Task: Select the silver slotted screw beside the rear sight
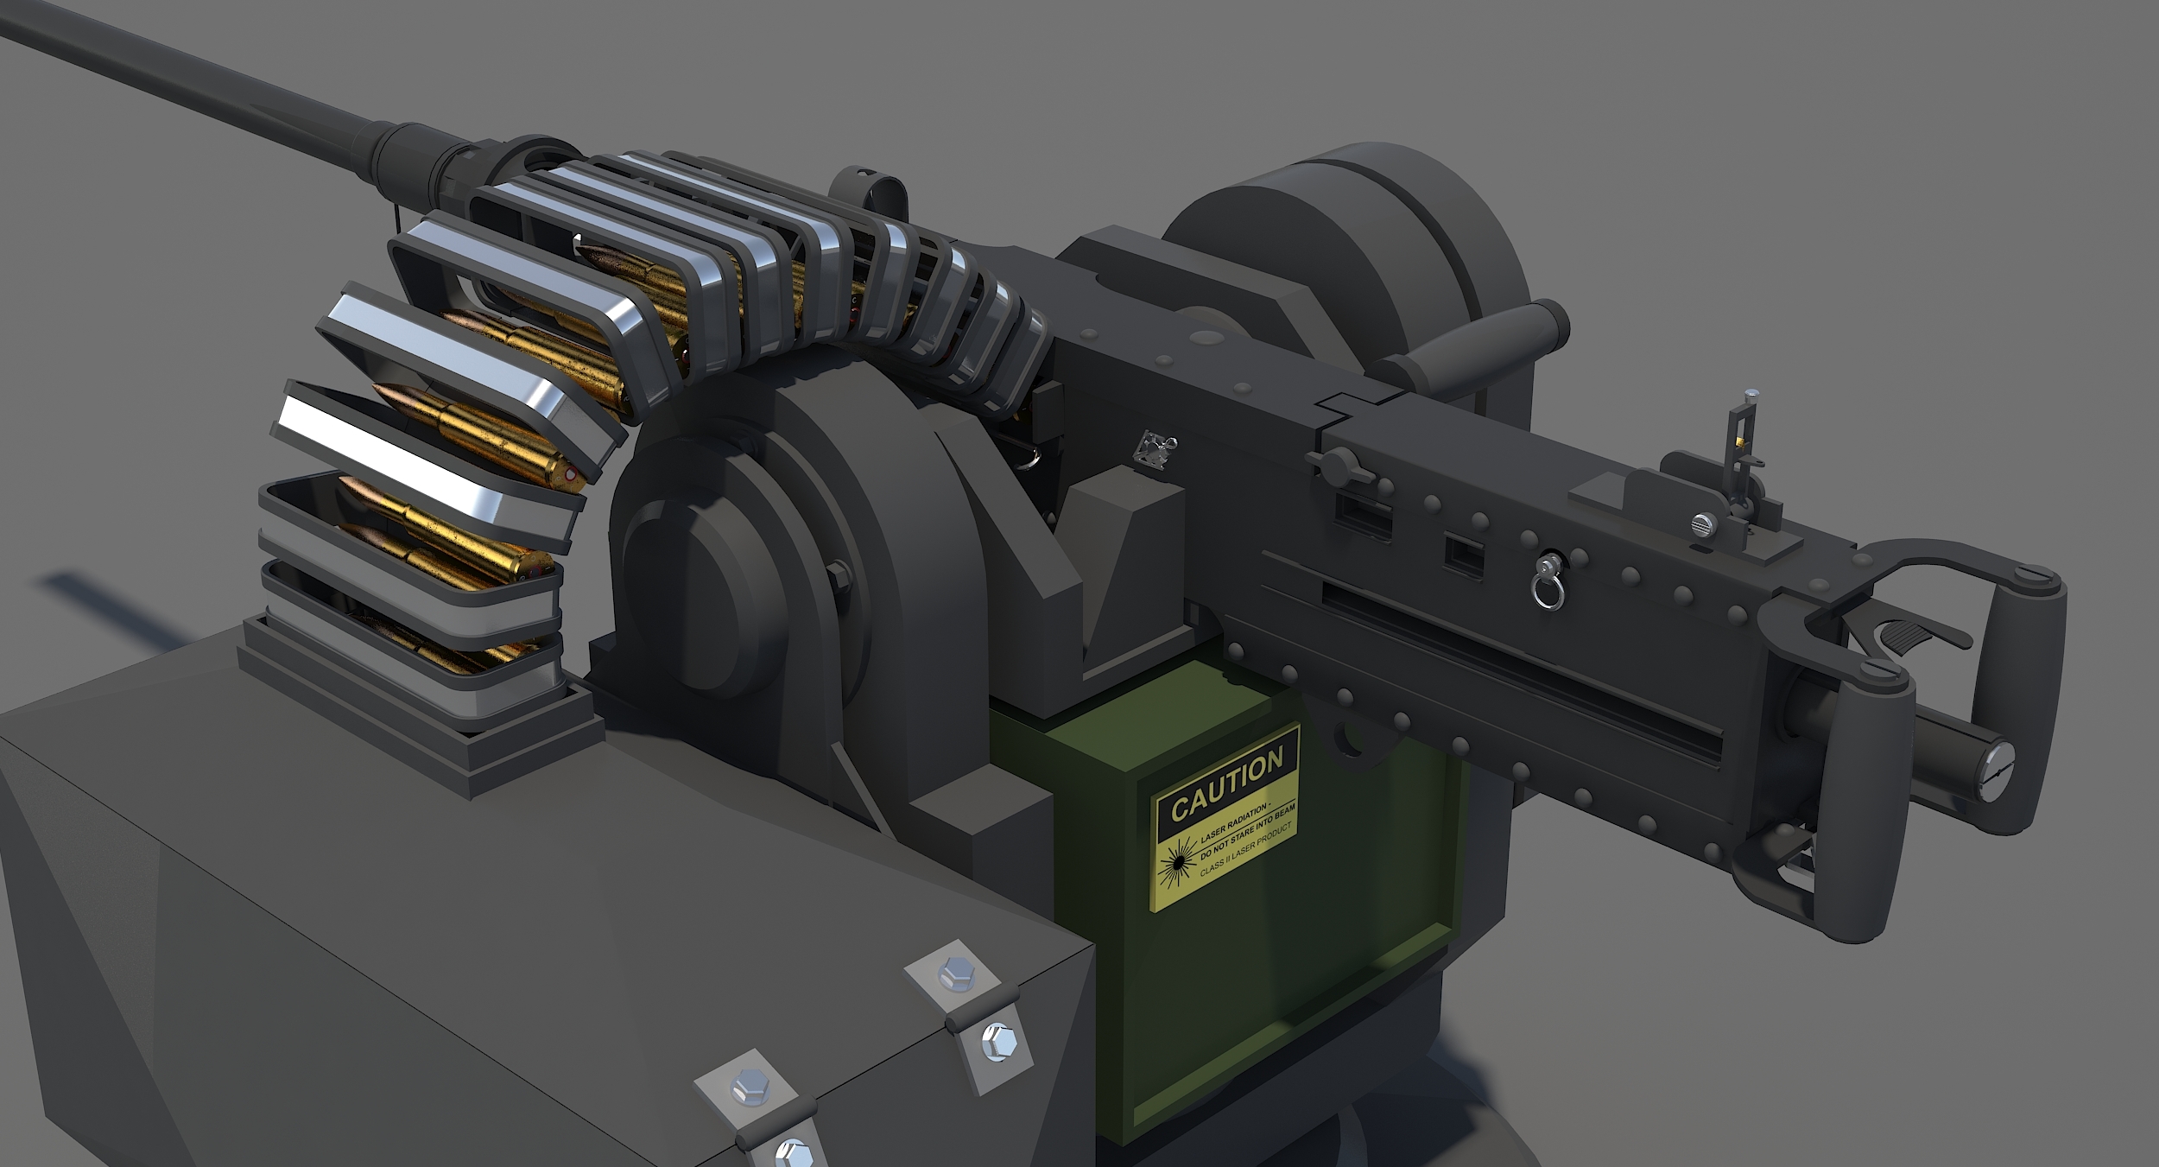point(1699,523)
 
